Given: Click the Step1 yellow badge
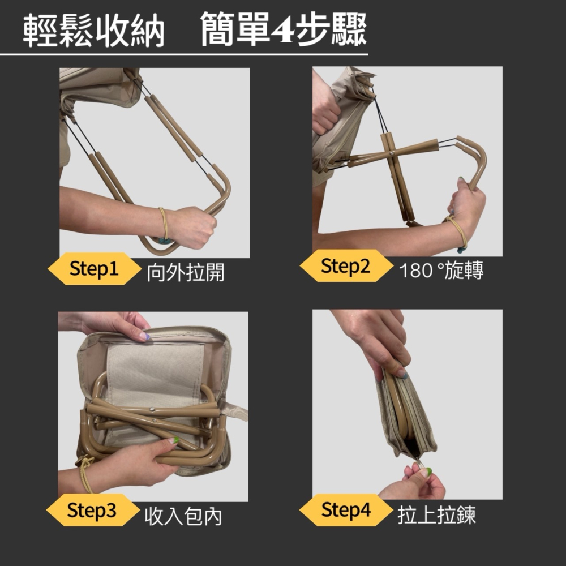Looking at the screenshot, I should tap(94, 269).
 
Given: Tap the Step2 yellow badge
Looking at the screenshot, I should tap(345, 266).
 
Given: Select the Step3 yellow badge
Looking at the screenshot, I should tap(92, 511).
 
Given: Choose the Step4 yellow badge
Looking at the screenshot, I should tap(345, 511).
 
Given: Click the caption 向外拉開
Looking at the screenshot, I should tap(185, 273).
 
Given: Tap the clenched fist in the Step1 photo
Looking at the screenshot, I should tap(192, 226).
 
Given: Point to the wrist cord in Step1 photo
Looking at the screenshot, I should tap(164, 224).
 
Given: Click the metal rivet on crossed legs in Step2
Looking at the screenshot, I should tap(392, 153).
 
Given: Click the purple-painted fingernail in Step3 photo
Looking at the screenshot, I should tap(145, 336).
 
